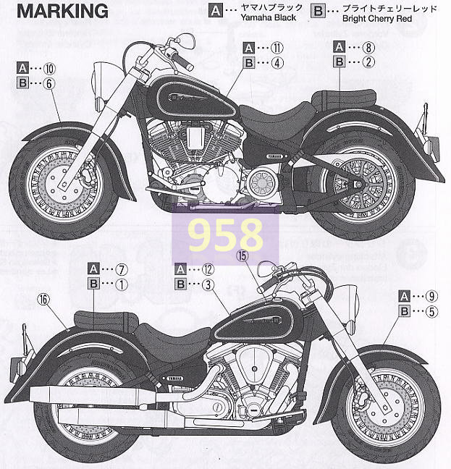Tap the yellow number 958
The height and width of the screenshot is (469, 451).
coord(224,234)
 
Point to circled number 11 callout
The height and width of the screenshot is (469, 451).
coord(277,48)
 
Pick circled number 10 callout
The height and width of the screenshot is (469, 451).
coord(49,68)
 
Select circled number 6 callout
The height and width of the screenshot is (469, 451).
coord(49,83)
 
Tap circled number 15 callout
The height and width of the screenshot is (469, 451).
coord(242,255)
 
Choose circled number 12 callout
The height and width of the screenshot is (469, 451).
coord(208,269)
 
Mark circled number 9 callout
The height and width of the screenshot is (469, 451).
coord(433,296)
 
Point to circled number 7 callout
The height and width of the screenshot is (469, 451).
coord(121,269)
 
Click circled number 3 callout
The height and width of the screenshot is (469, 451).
coord(208,284)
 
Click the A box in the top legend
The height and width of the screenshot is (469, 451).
coord(215,11)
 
